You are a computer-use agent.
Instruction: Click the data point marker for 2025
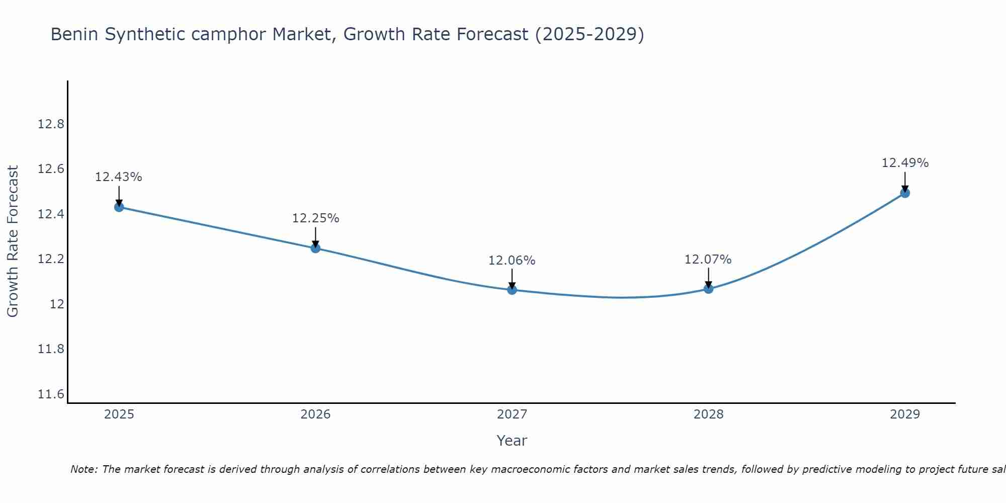tap(119, 207)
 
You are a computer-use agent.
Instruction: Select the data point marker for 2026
tap(315, 248)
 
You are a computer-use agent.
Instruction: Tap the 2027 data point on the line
tap(512, 290)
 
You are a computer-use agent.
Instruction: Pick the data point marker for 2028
tap(708, 289)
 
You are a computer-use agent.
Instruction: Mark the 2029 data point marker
tap(905, 193)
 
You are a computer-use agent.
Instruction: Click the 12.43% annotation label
tap(119, 177)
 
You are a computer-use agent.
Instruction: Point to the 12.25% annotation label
tap(315, 218)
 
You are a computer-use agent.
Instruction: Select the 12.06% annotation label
tap(512, 261)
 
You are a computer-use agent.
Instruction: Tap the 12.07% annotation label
tap(708, 260)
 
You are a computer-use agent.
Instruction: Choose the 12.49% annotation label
tap(905, 163)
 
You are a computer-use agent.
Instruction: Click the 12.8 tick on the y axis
tap(51, 124)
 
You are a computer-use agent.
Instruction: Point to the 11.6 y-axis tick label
tap(51, 394)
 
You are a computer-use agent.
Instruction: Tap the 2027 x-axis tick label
tap(512, 414)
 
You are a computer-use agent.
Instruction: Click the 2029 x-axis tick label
tap(905, 414)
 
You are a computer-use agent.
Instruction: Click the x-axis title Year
tap(512, 441)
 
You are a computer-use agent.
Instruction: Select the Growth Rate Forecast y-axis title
tap(13, 241)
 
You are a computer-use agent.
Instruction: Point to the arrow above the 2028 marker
tap(708, 277)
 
